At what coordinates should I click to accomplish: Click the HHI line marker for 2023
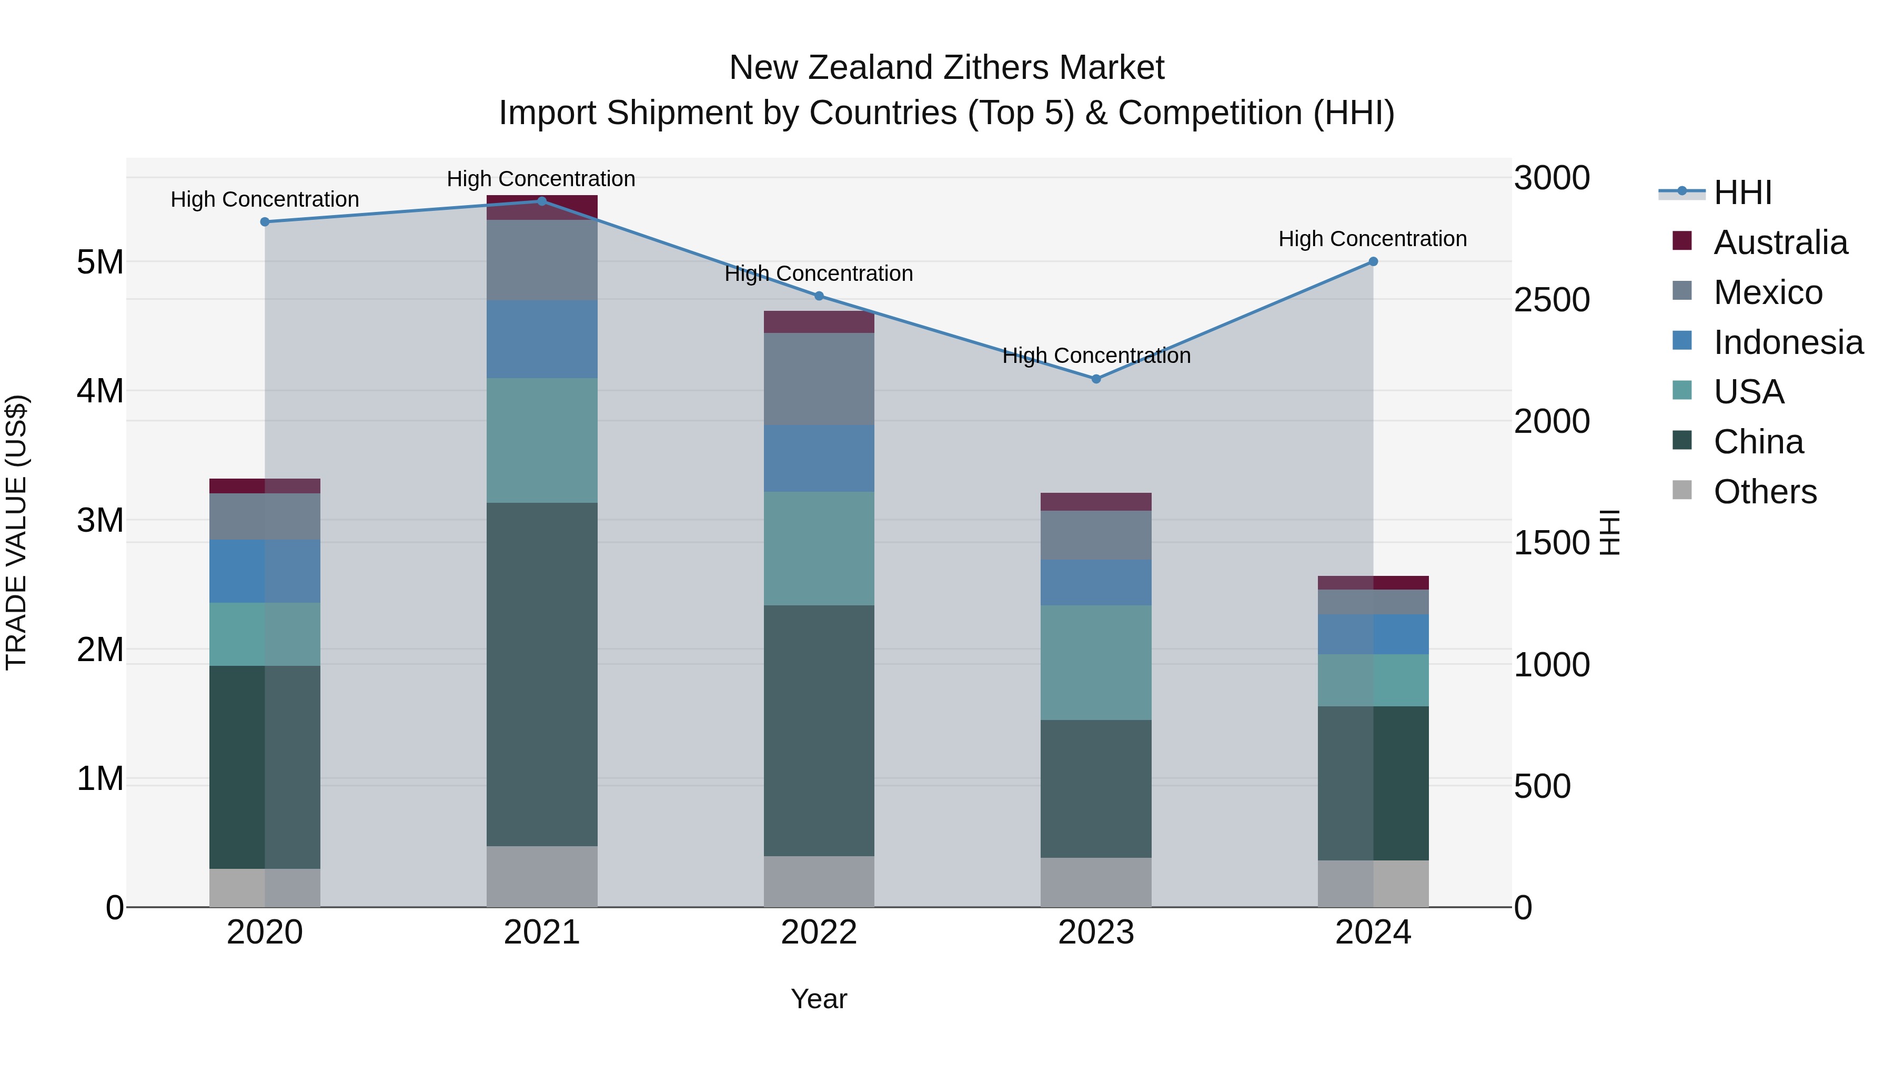[1095, 379]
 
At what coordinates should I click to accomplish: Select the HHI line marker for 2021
[542, 201]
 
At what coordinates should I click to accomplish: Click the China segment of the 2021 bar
[542, 674]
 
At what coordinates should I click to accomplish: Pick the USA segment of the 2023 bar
[1095, 662]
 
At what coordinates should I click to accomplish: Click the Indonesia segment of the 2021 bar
[542, 339]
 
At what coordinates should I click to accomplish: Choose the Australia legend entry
[1780, 242]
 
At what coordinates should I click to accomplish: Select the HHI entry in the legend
[1742, 192]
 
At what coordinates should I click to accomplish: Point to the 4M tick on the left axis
[100, 391]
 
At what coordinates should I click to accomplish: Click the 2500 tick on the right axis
[1552, 300]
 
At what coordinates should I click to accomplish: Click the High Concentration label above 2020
[265, 199]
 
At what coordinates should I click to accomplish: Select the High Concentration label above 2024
[1373, 239]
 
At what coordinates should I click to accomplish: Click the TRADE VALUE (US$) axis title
[16, 532]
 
